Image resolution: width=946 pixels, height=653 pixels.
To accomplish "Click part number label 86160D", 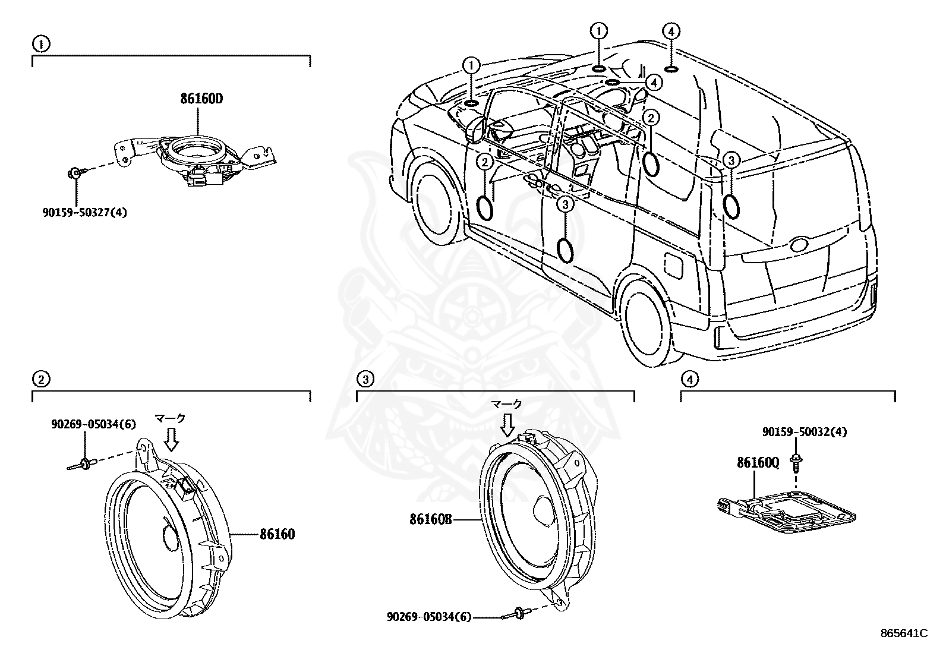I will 201,99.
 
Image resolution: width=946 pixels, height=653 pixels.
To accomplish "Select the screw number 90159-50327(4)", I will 84,212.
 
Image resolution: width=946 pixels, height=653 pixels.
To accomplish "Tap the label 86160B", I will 431,519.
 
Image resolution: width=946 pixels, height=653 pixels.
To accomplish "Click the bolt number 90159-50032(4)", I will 805,432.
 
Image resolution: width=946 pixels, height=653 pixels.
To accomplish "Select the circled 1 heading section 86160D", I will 40,43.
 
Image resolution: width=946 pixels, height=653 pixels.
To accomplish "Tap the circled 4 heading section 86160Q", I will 689,378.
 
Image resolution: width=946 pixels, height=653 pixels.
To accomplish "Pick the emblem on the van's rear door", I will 798,245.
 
